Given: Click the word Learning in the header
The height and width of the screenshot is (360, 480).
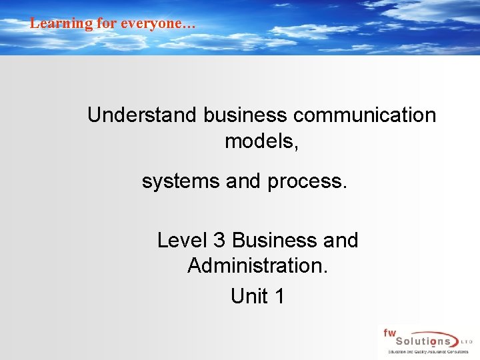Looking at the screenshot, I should (53, 23).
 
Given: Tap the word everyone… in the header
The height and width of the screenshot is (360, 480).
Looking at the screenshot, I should (159, 23).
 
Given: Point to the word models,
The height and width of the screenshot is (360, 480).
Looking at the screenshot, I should (261, 142).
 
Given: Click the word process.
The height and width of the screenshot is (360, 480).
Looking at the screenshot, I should (307, 181).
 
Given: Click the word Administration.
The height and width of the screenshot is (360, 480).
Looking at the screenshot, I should (257, 266).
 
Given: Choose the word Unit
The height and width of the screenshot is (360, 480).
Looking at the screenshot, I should (247, 296).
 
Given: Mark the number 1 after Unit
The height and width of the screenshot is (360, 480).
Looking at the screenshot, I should (279, 296).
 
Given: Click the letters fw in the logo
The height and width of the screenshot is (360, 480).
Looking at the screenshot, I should (389, 333).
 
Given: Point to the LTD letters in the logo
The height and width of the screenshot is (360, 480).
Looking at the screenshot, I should (467, 341).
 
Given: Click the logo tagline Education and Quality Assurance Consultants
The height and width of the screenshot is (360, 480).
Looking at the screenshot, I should (422, 351).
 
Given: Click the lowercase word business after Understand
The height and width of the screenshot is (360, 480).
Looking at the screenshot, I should (245, 115).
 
